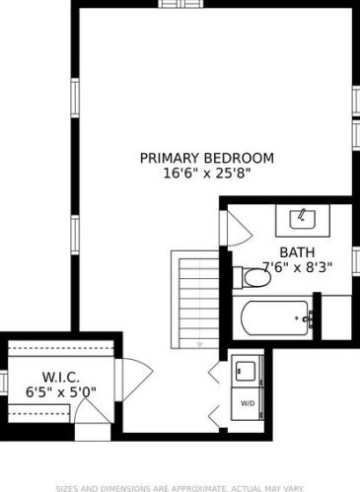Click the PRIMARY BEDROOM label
click(x=207, y=158)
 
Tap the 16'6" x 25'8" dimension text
click(x=207, y=173)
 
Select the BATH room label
click(x=297, y=252)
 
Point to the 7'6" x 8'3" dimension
click(x=297, y=267)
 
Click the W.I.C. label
click(x=61, y=377)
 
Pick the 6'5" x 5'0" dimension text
click(x=61, y=391)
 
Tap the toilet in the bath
click(x=252, y=278)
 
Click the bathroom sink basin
click(x=303, y=219)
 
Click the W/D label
click(x=248, y=403)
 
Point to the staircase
click(x=195, y=300)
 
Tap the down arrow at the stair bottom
click(x=199, y=344)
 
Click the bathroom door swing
click(x=240, y=229)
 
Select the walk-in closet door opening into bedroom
click(x=137, y=380)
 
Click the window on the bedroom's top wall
click(x=181, y=4)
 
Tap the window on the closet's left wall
click(x=4, y=382)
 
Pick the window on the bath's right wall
click(x=356, y=261)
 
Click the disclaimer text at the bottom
click(x=180, y=488)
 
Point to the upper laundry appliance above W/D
click(x=247, y=371)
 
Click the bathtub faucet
click(x=309, y=318)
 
